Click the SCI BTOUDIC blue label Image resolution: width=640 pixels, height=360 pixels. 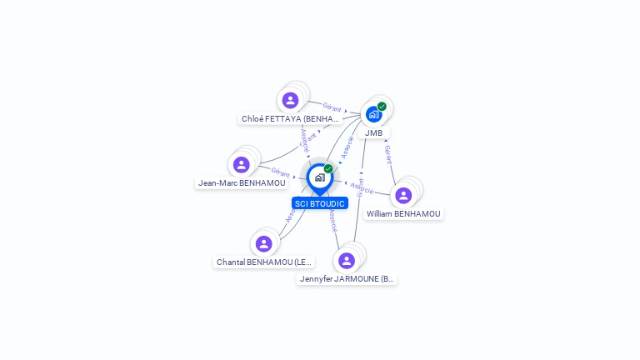tap(319, 203)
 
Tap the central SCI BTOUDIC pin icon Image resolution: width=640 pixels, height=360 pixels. tap(319, 177)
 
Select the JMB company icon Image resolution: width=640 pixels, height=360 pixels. tap(373, 114)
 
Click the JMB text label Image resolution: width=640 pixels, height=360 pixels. tap(373, 132)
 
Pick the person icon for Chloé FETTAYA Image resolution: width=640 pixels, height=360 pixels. tap(290, 100)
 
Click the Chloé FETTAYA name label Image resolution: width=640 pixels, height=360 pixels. tap(290, 118)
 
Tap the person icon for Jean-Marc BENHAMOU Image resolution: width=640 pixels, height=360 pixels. tap(242, 164)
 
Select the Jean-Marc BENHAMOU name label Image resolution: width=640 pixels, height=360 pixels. tap(242, 182)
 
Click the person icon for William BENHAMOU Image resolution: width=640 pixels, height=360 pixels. tap(403, 195)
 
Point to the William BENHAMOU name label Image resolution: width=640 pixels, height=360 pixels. tap(403, 213)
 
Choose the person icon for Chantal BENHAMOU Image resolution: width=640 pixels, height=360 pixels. tap(264, 243)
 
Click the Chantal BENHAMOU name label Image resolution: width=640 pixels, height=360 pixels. tap(264, 262)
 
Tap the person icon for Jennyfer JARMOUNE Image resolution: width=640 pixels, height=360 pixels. tap(347, 260)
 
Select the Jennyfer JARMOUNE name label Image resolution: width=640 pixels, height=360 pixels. tap(347, 278)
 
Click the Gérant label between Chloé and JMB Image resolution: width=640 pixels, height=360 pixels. tap(332, 107)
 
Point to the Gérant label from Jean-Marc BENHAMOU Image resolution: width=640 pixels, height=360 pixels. tap(280, 172)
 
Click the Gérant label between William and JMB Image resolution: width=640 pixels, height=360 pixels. tap(388, 154)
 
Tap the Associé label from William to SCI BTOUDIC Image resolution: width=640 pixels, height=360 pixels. tap(362, 187)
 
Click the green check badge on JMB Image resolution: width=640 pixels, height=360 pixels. tap(382, 107)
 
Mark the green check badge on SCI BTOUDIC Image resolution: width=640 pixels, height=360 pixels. tap(328, 169)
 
